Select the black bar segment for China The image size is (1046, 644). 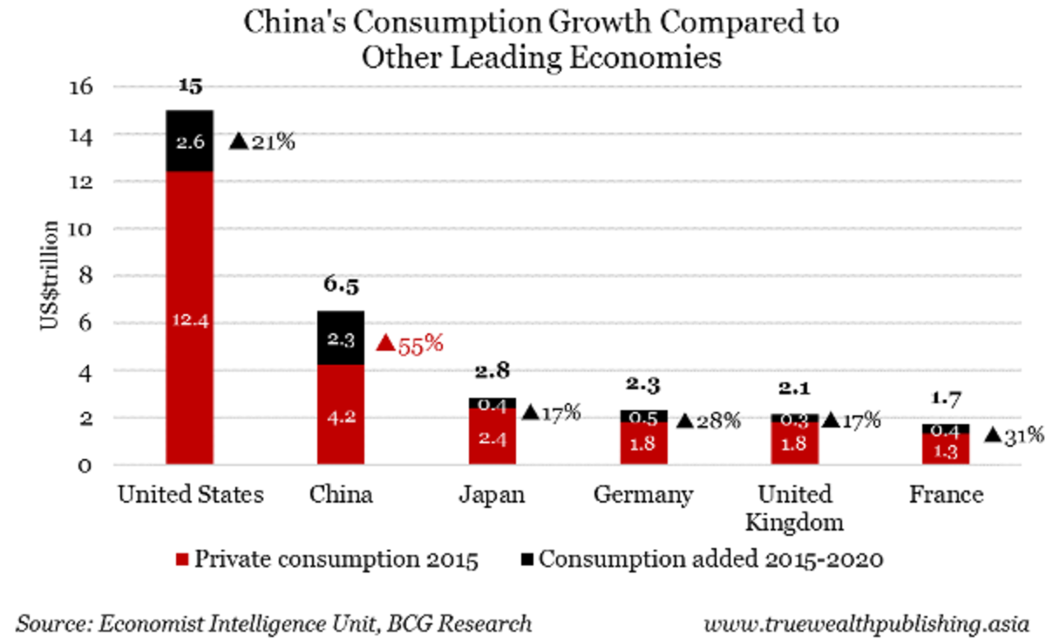point(340,337)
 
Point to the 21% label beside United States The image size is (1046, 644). point(262,141)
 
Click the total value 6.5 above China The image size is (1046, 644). point(341,286)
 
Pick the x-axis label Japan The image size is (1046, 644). point(492,496)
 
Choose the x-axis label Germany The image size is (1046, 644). point(643,496)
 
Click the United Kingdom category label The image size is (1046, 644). point(794,508)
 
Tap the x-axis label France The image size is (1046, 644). point(946,496)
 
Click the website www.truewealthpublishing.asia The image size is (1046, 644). point(866,625)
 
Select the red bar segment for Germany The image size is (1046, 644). point(644,442)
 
